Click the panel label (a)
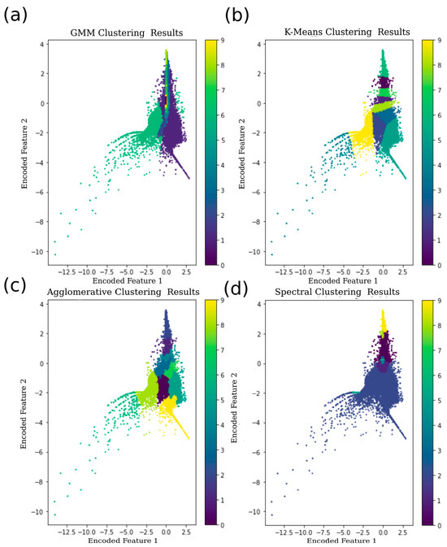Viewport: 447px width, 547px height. coord(18,14)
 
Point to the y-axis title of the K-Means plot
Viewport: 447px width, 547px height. coord(243,148)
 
